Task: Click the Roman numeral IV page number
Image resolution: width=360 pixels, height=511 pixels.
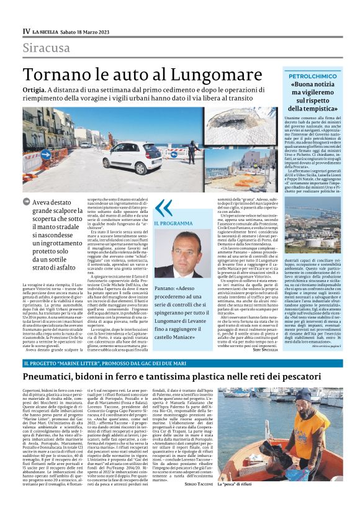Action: [27, 31]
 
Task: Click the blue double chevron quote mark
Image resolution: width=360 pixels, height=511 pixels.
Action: [163, 207]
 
